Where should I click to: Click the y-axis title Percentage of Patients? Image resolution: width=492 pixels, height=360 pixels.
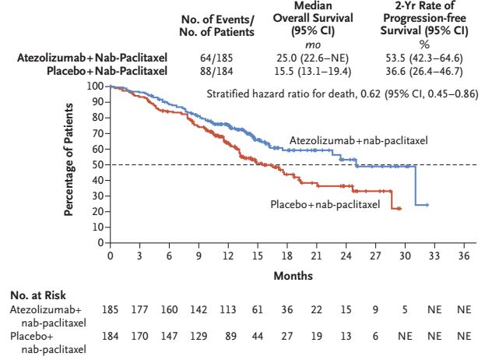click(x=69, y=164)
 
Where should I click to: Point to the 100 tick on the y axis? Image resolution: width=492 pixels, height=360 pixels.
click(x=96, y=86)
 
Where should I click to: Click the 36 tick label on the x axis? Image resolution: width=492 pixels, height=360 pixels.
click(x=464, y=256)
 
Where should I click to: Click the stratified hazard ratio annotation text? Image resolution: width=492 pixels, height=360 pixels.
click(x=342, y=94)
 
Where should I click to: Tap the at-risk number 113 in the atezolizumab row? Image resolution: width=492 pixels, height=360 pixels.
click(x=228, y=310)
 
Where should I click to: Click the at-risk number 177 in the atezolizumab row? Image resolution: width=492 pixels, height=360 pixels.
click(x=140, y=310)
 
